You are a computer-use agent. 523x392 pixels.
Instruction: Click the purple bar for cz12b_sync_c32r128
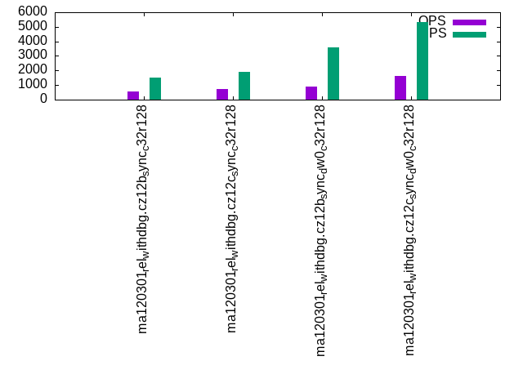click(x=133, y=96)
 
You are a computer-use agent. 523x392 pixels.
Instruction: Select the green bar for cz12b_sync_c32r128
click(x=155, y=89)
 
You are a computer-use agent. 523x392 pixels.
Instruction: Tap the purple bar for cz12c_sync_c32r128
click(x=222, y=95)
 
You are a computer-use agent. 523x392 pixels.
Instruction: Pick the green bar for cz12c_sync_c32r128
click(x=244, y=86)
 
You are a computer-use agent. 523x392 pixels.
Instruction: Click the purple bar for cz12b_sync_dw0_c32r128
click(x=311, y=93)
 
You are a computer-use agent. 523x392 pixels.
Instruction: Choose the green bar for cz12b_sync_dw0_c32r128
click(x=333, y=73)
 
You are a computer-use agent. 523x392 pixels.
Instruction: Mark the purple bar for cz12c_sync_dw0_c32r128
click(x=400, y=88)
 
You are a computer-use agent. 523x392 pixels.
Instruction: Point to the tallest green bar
click(x=422, y=61)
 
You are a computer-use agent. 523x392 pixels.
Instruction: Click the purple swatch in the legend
click(x=469, y=22)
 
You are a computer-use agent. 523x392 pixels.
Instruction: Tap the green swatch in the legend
click(x=469, y=34)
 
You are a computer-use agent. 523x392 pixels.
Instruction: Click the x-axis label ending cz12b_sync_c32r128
click(x=143, y=218)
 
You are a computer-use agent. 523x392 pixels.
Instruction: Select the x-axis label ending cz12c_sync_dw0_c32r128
click(x=410, y=229)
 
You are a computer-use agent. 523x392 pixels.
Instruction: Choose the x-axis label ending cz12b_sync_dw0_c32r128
click(x=321, y=229)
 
